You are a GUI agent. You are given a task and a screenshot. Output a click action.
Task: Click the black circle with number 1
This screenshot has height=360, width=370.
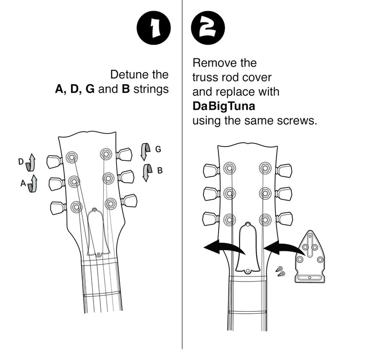[154, 28]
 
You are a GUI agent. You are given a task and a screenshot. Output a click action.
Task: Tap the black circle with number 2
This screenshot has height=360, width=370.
[208, 28]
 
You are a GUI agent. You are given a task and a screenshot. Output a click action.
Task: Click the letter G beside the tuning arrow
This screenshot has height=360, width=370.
[158, 149]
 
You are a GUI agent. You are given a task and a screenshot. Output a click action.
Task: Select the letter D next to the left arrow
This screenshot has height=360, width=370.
[21, 162]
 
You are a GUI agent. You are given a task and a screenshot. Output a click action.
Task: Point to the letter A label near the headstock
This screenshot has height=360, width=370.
[23, 183]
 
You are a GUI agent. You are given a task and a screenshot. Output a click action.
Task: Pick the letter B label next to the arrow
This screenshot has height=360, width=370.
[160, 170]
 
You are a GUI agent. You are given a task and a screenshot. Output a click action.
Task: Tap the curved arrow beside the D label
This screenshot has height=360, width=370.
[31, 162]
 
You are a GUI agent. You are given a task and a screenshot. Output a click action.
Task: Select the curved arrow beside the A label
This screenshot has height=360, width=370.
[33, 184]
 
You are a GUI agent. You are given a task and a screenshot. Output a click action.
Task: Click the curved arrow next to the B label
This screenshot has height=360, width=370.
[147, 173]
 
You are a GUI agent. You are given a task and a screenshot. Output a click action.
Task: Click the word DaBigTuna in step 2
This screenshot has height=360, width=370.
[223, 106]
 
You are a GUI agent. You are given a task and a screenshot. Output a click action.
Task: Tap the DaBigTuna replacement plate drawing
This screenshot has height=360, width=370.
[310, 257]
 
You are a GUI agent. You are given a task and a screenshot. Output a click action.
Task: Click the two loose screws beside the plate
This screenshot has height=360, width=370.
[280, 271]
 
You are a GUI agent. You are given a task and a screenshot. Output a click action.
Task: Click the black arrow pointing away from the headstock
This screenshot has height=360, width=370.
[224, 247]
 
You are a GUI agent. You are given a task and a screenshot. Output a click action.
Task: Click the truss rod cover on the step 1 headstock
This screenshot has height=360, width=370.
[98, 232]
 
